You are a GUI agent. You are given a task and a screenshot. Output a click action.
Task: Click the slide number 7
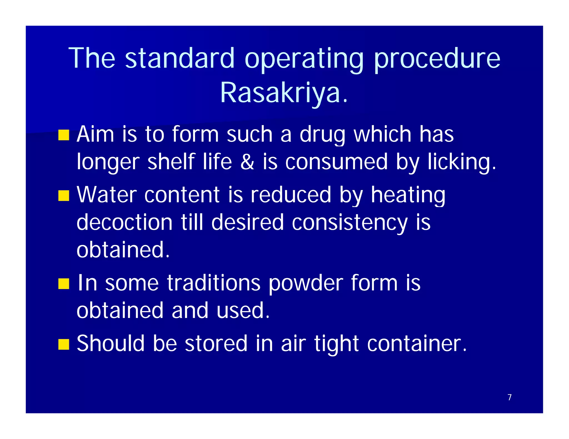(510, 397)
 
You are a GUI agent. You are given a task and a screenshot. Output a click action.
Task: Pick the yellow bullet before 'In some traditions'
(64, 284)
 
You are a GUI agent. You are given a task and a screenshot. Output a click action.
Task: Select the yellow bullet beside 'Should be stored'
(64, 344)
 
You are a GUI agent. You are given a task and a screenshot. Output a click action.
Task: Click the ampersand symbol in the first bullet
(247, 162)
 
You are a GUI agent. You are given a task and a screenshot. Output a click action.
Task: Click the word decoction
(124, 222)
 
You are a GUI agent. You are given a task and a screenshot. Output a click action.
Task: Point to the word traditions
(214, 283)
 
